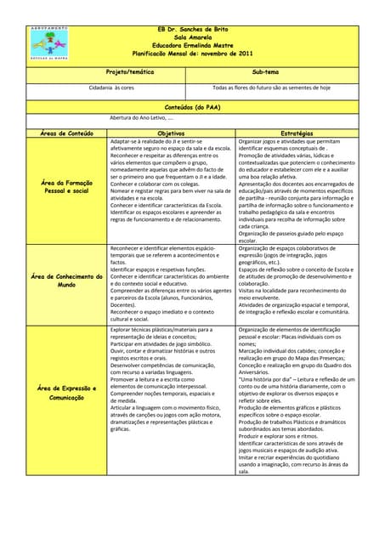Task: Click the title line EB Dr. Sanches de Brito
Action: coord(191,29)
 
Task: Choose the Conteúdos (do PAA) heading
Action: coord(191,108)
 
